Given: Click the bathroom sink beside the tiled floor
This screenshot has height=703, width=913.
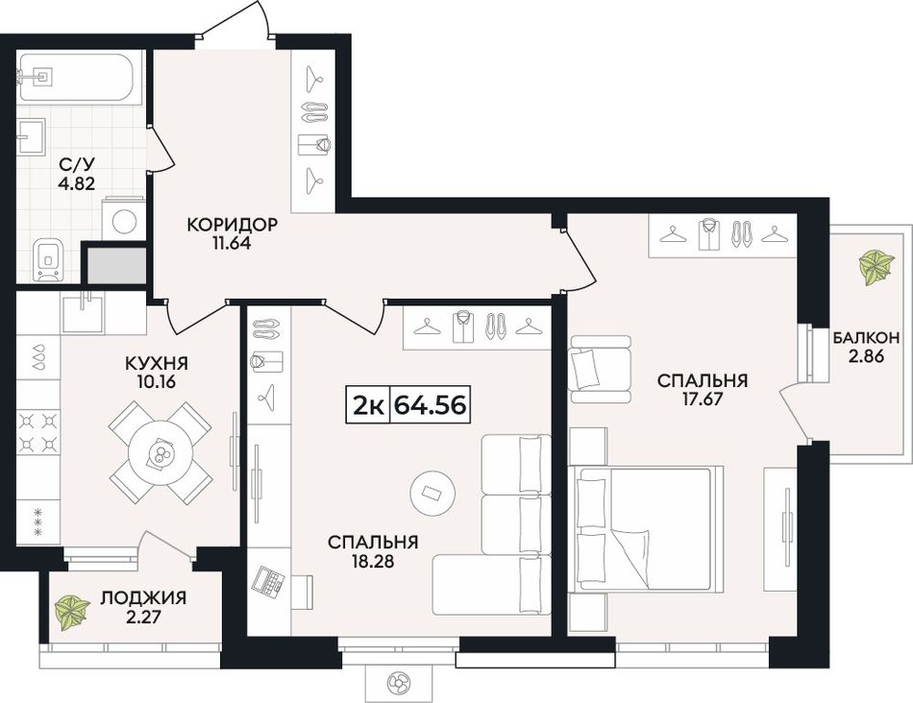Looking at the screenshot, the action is coord(32,136).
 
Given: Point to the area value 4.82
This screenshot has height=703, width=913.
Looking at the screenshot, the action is coord(76,183).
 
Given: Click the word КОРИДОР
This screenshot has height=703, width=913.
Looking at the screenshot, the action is coord(232,224).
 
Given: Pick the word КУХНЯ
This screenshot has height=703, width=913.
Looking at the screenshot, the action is coord(157,364).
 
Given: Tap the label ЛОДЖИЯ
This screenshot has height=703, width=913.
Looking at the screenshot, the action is coord(143,597).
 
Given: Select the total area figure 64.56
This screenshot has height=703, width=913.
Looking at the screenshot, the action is coord(431,404).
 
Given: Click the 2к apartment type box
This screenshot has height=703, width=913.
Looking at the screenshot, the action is coord(368,404).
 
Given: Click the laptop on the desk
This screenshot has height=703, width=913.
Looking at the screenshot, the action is coord(268,580).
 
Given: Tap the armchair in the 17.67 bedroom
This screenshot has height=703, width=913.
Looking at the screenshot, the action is coord(601,370).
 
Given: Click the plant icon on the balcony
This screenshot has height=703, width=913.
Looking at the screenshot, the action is coord(876,268).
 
